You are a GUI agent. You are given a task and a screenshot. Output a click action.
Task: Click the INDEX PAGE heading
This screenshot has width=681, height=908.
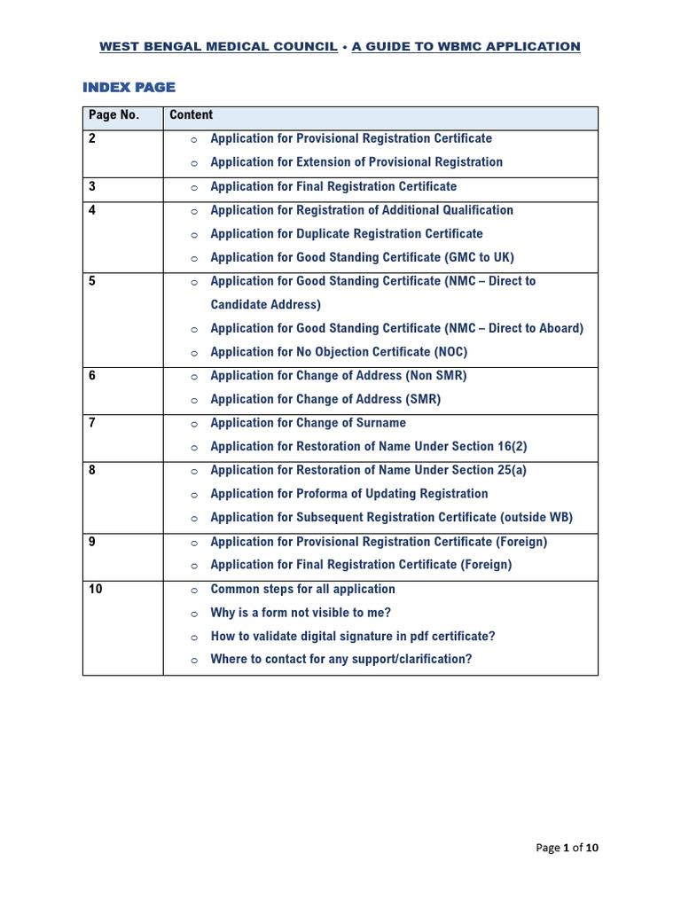click(x=129, y=87)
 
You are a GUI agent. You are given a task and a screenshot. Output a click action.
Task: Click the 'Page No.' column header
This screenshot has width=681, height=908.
click(x=113, y=115)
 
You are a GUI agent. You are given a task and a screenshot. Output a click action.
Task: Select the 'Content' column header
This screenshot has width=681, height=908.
click(x=192, y=115)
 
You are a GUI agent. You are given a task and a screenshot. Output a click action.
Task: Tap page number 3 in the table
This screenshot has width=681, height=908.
click(x=92, y=186)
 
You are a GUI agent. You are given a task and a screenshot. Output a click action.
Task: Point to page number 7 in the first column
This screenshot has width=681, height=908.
click(x=92, y=423)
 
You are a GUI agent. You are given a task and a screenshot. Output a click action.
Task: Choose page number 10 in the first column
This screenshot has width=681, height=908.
click(x=96, y=589)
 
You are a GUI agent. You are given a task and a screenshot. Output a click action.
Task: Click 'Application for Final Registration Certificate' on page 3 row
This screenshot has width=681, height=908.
click(x=333, y=186)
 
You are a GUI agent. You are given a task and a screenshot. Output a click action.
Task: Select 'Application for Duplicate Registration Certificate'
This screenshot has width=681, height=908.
click(x=346, y=234)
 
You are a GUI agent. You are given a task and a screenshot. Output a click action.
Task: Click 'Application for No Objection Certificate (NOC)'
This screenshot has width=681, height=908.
click(x=339, y=352)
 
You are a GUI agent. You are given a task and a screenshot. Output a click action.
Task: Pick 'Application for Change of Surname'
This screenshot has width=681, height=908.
click(x=308, y=423)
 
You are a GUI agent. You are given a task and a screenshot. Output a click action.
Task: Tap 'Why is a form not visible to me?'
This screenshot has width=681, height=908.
click(x=301, y=613)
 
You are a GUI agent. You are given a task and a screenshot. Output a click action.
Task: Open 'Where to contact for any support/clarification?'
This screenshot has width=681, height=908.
click(x=340, y=660)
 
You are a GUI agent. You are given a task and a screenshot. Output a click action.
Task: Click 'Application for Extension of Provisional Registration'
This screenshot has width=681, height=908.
click(x=356, y=162)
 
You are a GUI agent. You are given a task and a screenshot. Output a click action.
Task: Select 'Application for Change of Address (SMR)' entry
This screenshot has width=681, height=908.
click(x=325, y=399)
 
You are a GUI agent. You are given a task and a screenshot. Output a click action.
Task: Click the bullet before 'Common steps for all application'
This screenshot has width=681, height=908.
click(x=193, y=590)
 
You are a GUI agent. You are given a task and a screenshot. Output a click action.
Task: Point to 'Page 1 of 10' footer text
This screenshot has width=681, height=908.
click(x=567, y=848)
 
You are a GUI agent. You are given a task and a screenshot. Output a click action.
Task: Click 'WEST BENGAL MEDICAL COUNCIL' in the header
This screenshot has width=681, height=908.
click(x=218, y=46)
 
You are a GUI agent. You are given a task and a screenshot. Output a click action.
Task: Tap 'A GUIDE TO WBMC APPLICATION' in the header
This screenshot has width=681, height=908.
click(x=466, y=46)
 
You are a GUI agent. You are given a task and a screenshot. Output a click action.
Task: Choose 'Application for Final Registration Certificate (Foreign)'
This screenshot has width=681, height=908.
click(x=360, y=565)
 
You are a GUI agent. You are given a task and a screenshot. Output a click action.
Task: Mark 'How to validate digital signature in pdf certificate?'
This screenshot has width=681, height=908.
click(x=353, y=637)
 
